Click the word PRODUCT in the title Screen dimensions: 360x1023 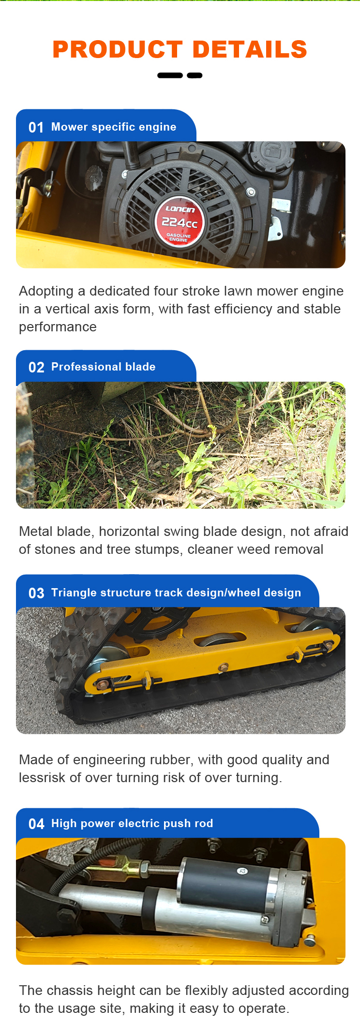tap(118, 49)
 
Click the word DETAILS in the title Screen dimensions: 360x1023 tap(250, 49)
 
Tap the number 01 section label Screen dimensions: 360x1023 tap(36, 127)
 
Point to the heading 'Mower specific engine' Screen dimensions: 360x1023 tap(114, 127)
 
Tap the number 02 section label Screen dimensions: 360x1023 tap(36, 367)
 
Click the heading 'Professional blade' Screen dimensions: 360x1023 tap(104, 367)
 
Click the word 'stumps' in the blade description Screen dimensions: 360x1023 tap(163, 549)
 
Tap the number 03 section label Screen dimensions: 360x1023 tap(36, 593)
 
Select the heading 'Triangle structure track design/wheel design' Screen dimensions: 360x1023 tap(176, 593)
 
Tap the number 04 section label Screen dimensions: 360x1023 tap(36, 824)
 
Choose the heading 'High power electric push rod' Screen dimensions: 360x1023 tap(132, 823)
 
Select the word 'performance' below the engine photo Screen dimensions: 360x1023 tap(58, 327)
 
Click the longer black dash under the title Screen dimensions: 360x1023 tap(170, 75)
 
